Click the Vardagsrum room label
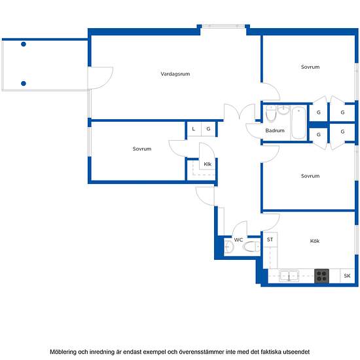(x=175, y=74)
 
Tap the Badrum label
(x=275, y=130)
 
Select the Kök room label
(x=315, y=241)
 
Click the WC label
(x=238, y=240)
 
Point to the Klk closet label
(x=207, y=164)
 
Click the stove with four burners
(x=321, y=276)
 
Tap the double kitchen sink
(x=289, y=276)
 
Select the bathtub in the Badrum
(x=298, y=123)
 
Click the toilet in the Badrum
(x=271, y=113)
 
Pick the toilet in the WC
(x=251, y=247)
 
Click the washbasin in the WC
(x=229, y=247)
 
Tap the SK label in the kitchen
(x=347, y=276)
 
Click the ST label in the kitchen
(x=270, y=240)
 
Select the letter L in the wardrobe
(x=194, y=129)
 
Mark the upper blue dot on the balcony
(x=24, y=44)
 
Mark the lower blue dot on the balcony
(x=24, y=83)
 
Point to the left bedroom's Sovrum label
(x=142, y=149)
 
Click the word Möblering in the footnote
(x=63, y=351)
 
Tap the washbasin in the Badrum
(x=283, y=110)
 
